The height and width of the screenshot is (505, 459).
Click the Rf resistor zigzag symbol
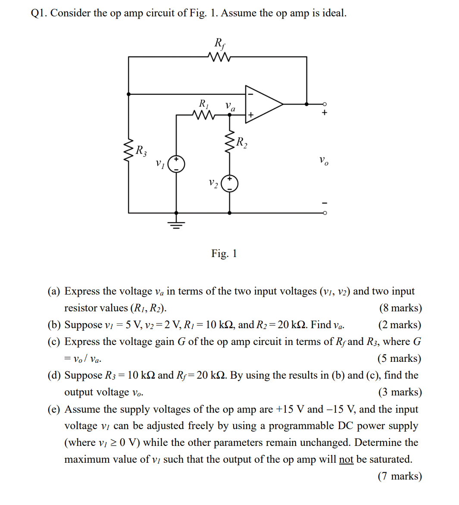pos(219,57)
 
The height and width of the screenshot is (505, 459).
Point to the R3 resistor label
pos(141,151)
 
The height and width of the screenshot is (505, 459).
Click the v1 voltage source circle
pos(176,164)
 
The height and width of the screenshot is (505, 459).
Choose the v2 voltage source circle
pos(229,184)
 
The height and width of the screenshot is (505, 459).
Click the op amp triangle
pos(263,104)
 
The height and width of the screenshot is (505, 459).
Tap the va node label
pos(231,107)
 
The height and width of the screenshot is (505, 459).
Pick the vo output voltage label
pos(324,161)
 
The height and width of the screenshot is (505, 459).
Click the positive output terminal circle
pos(325,104)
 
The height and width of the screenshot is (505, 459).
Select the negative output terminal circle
pos(325,213)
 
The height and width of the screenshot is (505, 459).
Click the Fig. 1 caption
pos(224,253)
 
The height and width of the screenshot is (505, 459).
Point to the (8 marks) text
pos(400,308)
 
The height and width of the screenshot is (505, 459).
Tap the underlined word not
pos(346,459)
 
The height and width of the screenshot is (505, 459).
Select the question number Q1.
pos(39,13)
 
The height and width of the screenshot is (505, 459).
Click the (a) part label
pos(54,292)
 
